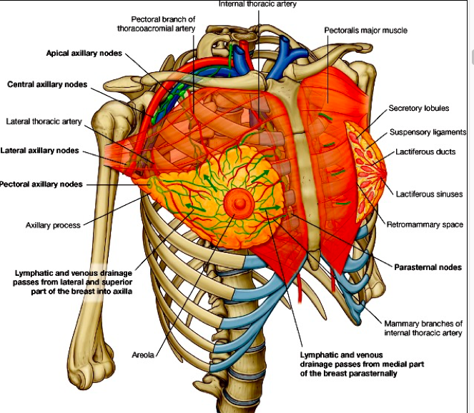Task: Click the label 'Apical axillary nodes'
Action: click(x=84, y=54)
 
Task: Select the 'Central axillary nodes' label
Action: click(x=47, y=84)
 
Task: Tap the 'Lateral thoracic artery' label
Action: click(x=44, y=121)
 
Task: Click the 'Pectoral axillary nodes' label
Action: click(x=41, y=184)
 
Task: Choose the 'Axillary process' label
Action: click(x=53, y=225)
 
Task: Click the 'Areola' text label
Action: click(x=144, y=354)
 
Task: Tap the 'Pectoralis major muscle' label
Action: click(x=365, y=31)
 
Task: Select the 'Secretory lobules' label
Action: click(x=419, y=109)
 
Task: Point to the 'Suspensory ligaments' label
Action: click(x=428, y=132)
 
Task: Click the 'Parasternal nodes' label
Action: click(x=428, y=267)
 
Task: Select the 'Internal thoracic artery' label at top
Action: click(x=257, y=4)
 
